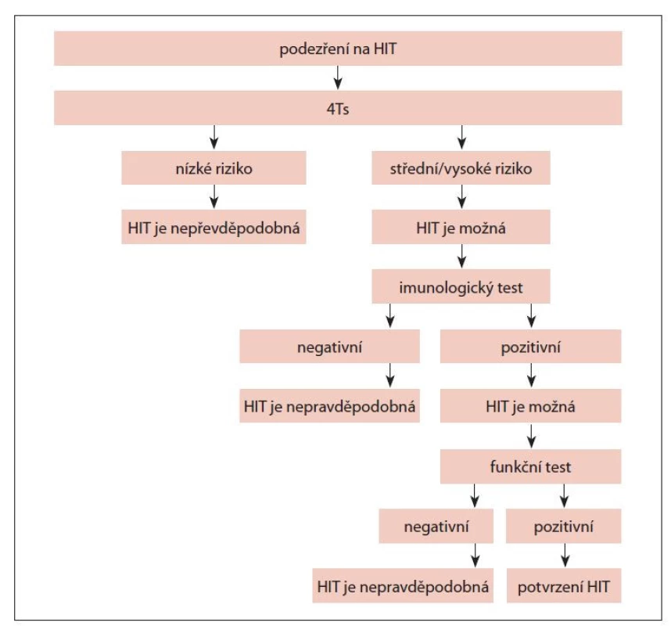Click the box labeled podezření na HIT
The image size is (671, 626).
(338, 49)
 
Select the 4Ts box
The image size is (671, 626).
(338, 108)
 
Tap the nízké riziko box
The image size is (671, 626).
(213, 168)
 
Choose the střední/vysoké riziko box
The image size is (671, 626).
(461, 168)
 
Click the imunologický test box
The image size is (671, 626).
(461, 286)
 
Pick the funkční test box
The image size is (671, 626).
(531, 466)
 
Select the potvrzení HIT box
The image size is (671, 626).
(564, 586)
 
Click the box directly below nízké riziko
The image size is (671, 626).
(213, 227)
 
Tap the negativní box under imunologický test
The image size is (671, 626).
(329, 347)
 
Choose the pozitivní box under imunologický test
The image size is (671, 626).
(531, 347)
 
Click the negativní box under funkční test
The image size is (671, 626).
(436, 526)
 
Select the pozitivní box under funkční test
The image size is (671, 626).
(564, 526)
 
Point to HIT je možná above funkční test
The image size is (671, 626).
(531, 406)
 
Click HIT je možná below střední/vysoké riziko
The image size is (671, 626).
(461, 227)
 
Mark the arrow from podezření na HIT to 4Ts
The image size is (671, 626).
(338, 77)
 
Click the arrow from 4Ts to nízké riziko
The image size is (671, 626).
(214, 137)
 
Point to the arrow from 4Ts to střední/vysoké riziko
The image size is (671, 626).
(461, 137)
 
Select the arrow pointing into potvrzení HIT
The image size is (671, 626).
(565, 556)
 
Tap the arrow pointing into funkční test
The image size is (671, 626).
(531, 436)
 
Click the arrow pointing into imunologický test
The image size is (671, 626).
(461, 256)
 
